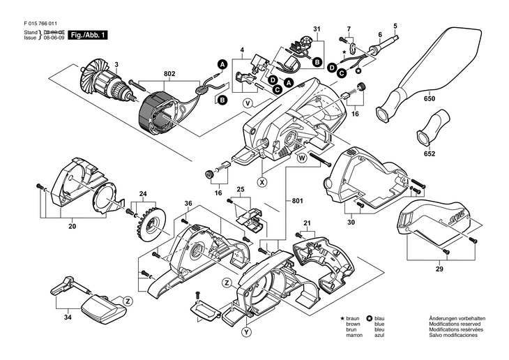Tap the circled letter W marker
click(303, 159)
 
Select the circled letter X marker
click(262, 182)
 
